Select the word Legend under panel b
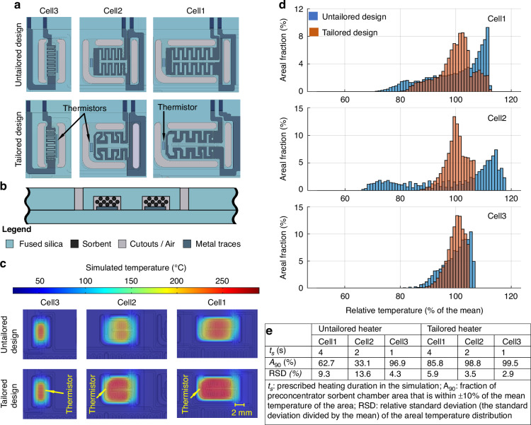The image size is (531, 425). pyautogui.click(x=16, y=229)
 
